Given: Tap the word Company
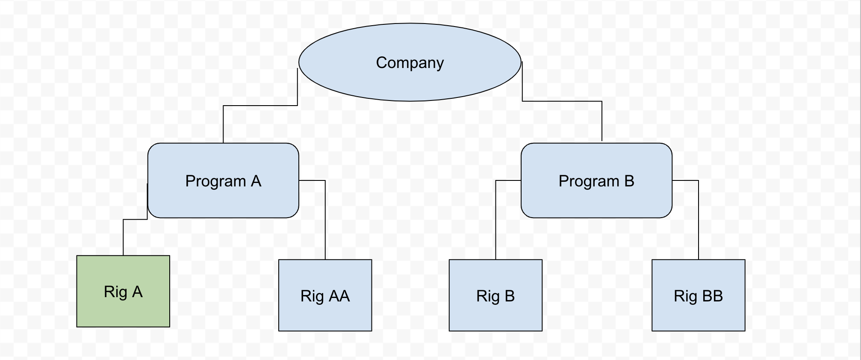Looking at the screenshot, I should pyautogui.click(x=410, y=63).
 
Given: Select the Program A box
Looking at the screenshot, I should pyautogui.click(x=223, y=201).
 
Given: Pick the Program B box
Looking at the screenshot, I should pyautogui.click(x=596, y=201).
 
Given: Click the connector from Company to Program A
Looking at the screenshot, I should pyautogui.click(x=260, y=105).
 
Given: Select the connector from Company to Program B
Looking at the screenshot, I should pyautogui.click(x=562, y=101).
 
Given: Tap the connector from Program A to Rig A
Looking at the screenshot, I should pyautogui.click(x=123, y=237).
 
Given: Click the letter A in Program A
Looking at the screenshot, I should pyautogui.click(x=256, y=181).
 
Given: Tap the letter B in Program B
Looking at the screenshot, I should pyautogui.click(x=629, y=181).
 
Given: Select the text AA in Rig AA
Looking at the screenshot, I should pyautogui.click(x=339, y=296).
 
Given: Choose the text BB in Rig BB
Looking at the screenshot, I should pyautogui.click(x=712, y=296).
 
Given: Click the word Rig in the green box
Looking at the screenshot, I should pyautogui.click(x=115, y=292).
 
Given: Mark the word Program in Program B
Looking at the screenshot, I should pyautogui.click(x=589, y=181).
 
